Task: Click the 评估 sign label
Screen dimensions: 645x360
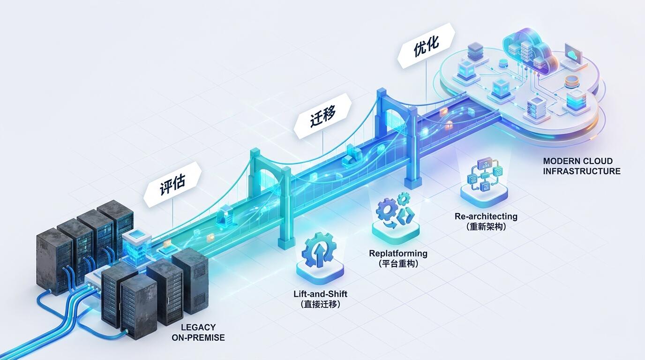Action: coord(172,184)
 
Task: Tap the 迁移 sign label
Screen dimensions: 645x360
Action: coord(323,116)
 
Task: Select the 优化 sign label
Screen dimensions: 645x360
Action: coord(427,46)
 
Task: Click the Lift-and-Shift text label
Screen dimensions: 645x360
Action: coord(321,294)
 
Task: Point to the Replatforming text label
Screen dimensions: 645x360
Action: coord(398,254)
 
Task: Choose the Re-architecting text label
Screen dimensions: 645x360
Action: coord(486,216)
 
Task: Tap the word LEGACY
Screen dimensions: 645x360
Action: coord(198,327)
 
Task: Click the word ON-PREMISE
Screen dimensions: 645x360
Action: coord(198,337)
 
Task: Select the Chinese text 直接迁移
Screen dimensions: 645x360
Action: coord(321,304)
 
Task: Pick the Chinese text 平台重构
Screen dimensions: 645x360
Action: coord(398,263)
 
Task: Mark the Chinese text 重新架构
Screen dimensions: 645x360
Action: coord(486,227)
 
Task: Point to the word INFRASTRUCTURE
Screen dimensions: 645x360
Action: coord(582,171)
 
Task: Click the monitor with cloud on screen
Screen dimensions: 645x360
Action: coord(573,57)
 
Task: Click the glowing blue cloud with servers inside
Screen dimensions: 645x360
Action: coord(529,51)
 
